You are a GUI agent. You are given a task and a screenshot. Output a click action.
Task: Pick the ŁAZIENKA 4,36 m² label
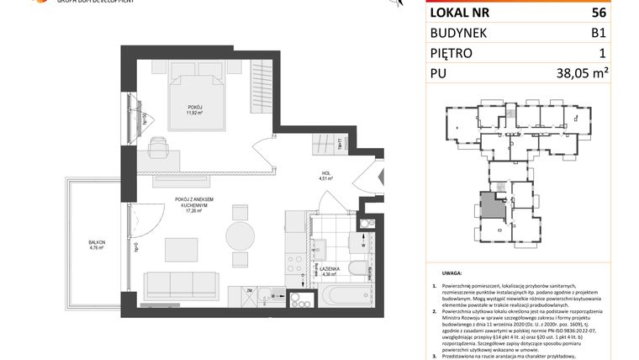(330, 272)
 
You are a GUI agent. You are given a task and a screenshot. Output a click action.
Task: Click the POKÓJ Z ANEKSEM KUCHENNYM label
(197, 204)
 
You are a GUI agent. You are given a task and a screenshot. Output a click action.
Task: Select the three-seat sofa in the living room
(181, 286)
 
